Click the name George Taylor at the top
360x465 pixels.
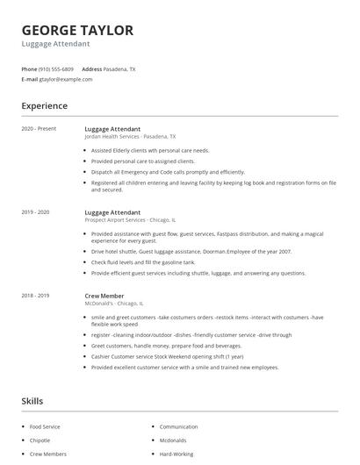point(78,30)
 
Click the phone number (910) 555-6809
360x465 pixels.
point(57,68)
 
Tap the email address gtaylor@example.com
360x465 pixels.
point(66,79)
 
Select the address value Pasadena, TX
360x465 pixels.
point(120,68)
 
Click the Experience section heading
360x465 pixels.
point(44,106)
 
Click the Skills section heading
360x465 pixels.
point(32,401)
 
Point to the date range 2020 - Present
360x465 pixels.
point(39,129)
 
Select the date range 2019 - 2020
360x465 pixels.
point(35,212)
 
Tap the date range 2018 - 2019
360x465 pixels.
point(35,297)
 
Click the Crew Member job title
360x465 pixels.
point(104,297)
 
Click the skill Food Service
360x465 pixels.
point(46,426)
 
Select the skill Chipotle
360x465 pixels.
point(40,440)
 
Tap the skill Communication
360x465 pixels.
point(178,426)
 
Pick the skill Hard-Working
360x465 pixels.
point(176,454)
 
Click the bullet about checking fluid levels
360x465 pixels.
point(143,262)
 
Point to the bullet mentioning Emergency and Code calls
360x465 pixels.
point(168,172)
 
